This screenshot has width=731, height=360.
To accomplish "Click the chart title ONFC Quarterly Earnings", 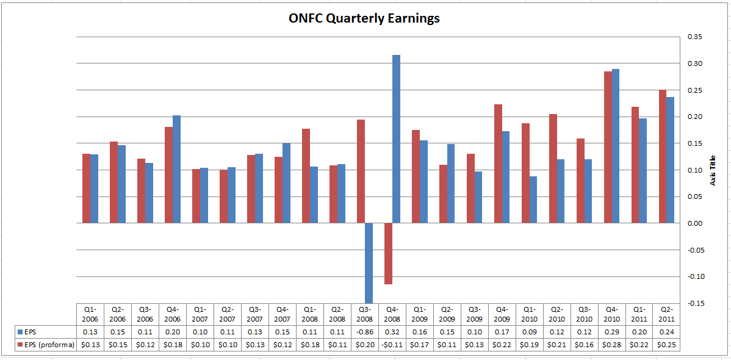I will pyautogui.click(x=364, y=18).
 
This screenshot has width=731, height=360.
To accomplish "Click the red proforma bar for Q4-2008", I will pyautogui.click(x=389, y=253).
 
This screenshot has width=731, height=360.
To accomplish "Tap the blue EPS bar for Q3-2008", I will pyautogui.click(x=369, y=262).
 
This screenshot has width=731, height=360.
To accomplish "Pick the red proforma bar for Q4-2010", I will pyautogui.click(x=608, y=147).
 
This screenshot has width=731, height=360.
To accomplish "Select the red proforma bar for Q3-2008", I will pyautogui.click(x=361, y=171).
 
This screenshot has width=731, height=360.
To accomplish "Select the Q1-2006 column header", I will pyautogui.click(x=90, y=314).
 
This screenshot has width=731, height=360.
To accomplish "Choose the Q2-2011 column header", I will pyautogui.click(x=666, y=314).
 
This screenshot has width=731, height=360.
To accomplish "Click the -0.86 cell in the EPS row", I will pyautogui.click(x=364, y=331).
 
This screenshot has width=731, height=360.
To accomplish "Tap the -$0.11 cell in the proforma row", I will pyautogui.click(x=392, y=345).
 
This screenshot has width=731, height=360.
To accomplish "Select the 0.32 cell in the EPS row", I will pyautogui.click(x=392, y=331).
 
